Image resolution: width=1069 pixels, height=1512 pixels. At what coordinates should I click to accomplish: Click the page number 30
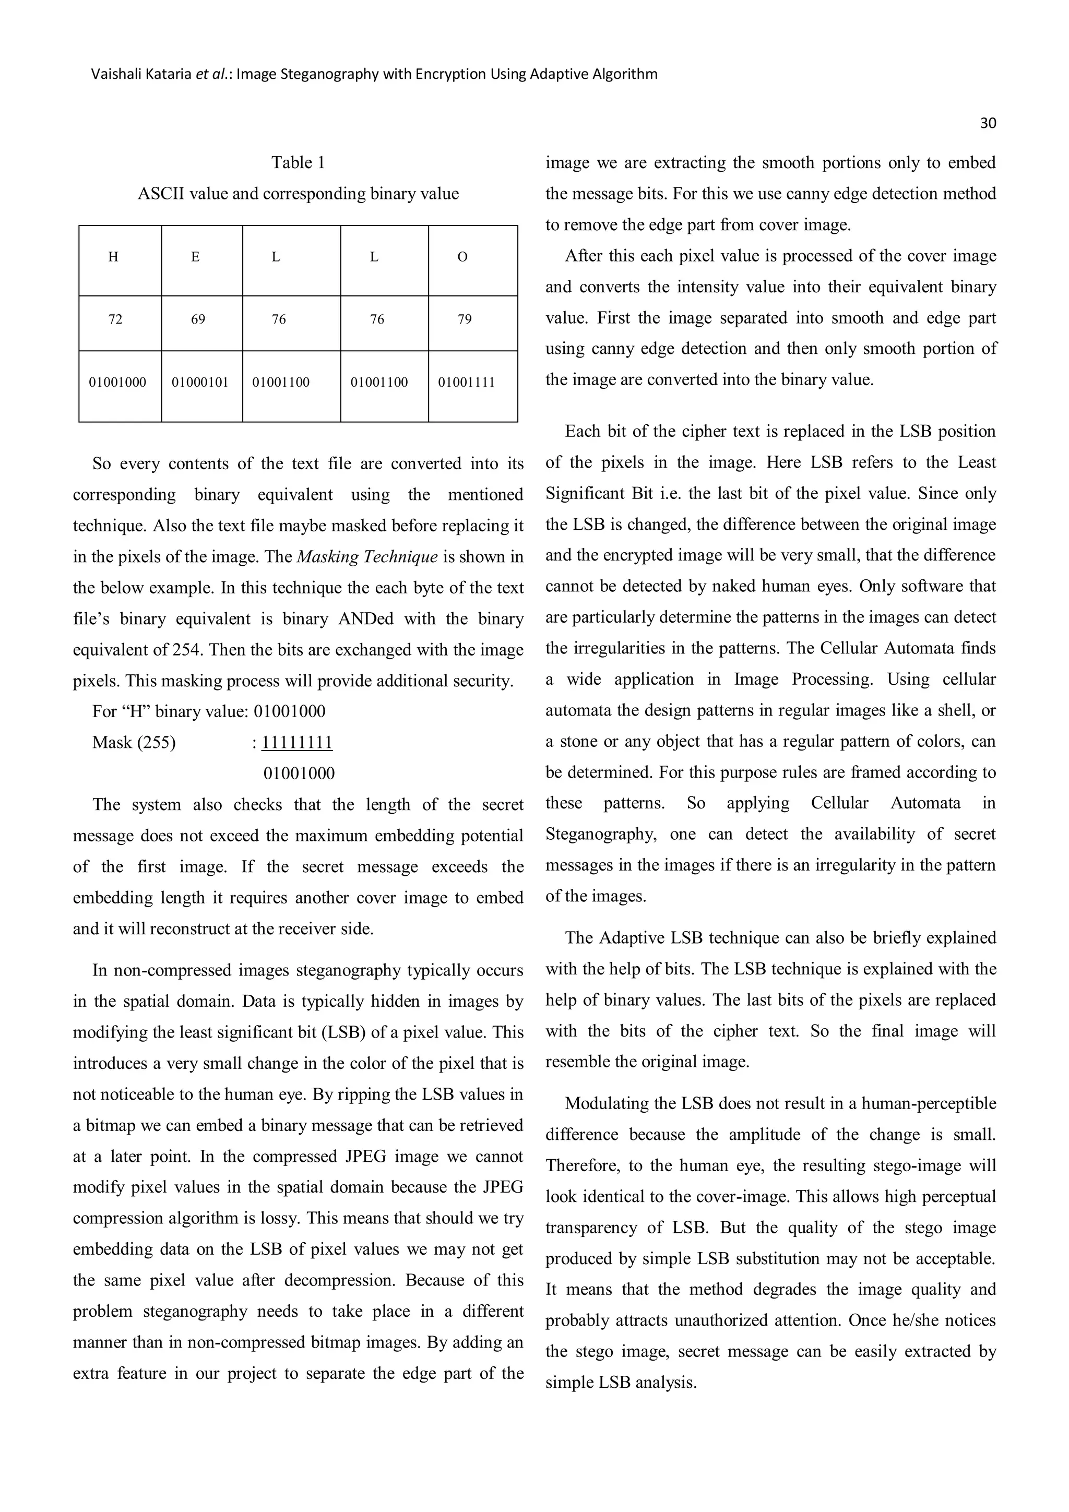click(x=988, y=123)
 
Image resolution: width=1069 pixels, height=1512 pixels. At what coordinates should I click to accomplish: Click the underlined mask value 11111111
click(x=297, y=743)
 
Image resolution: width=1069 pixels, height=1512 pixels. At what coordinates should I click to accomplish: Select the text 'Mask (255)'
click(x=134, y=743)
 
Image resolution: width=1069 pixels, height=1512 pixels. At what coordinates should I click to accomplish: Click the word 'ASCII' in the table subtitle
click(x=159, y=194)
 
